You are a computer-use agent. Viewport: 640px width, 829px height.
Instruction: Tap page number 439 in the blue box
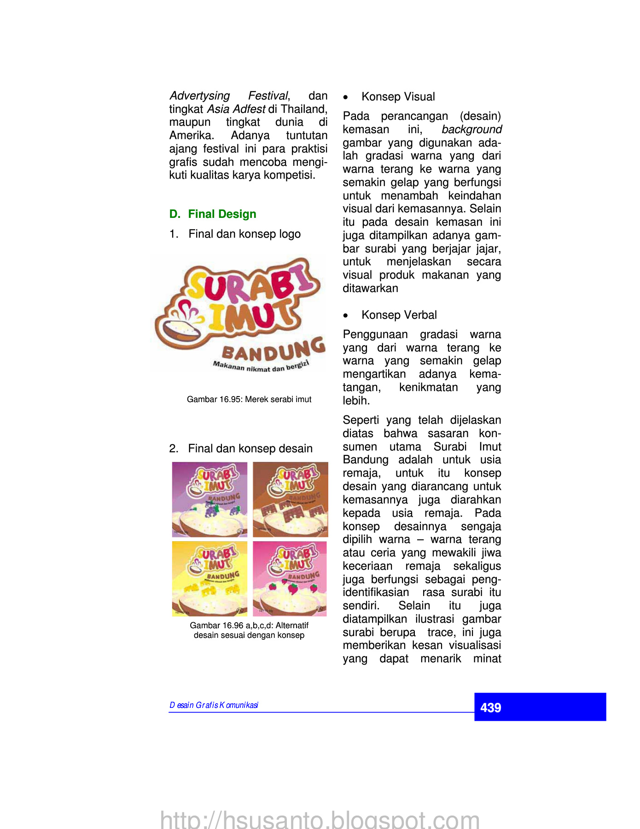coord(491,707)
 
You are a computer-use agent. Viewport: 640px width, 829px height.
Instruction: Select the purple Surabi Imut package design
coord(209,499)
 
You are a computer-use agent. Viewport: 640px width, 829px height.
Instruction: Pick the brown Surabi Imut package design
coord(291,499)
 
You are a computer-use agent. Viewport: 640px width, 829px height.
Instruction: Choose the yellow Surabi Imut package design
coord(209,578)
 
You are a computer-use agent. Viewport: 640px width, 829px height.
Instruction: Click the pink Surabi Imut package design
coord(290,578)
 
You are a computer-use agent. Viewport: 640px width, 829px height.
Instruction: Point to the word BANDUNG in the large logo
coord(273,350)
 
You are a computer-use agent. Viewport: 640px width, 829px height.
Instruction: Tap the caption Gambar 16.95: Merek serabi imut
coord(249,399)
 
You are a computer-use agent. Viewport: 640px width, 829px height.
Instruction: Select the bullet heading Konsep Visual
coord(398,97)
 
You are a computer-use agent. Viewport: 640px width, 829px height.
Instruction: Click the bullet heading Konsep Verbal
coord(399,315)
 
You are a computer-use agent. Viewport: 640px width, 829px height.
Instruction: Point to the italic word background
coord(471,129)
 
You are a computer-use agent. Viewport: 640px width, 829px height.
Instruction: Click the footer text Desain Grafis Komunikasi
coord(214,705)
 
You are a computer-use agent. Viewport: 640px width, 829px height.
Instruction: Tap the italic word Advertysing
coord(200,96)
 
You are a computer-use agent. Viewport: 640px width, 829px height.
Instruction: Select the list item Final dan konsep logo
coord(244,234)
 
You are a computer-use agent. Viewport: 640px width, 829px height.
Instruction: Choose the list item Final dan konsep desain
coord(250,449)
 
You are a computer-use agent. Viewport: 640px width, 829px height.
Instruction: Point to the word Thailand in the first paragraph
coord(304,109)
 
